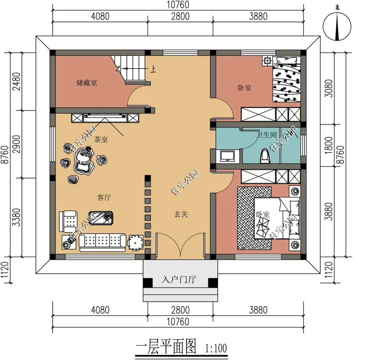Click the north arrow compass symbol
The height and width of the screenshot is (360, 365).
337,26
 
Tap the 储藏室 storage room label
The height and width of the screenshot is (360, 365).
87,83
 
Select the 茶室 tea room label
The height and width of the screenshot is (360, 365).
101,140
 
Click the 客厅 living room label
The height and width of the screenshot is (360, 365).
104,197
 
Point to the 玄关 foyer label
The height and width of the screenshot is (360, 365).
181,214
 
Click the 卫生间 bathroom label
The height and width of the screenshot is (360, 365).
267,135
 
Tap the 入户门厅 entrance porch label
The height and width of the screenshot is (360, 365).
179,279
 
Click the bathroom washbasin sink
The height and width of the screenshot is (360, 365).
228,156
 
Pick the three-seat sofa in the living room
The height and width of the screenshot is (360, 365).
103,243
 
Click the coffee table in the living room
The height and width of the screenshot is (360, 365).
101,218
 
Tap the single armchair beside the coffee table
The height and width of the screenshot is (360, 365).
68,221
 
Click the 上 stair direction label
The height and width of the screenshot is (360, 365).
153,69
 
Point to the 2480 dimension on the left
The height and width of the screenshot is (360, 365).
17,81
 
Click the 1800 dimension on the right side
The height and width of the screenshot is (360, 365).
328,145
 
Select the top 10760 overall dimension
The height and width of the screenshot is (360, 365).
178,5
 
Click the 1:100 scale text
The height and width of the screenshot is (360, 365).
216,349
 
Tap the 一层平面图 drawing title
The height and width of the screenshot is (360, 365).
166,346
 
